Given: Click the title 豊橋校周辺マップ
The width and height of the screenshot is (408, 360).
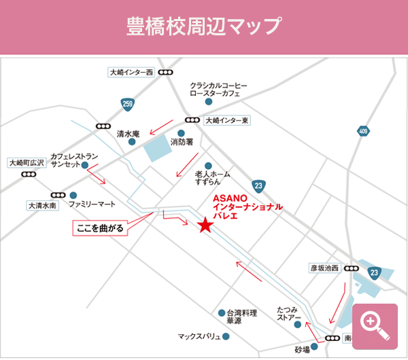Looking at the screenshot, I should pos(204,26).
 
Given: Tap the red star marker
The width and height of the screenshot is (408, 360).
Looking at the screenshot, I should pos(205,226).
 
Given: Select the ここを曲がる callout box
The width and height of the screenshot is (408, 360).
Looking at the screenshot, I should pos(101,228).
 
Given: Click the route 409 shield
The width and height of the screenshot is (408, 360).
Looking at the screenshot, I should pos(362,130).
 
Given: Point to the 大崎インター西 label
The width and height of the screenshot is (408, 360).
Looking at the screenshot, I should pos(131,72).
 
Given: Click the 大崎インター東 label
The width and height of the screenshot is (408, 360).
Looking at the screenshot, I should pos(227,120).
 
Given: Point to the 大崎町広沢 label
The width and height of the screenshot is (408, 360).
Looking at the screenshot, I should pos(27,162).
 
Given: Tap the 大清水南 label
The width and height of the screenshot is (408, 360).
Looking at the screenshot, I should pos(42,204).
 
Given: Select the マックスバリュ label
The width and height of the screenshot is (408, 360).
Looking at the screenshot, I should pos(199,336).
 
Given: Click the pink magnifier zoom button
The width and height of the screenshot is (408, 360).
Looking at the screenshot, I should pos(375,323).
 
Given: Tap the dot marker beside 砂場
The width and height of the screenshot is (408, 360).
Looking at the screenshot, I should pos(314,346).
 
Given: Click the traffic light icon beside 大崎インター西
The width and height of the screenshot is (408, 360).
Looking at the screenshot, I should pos(167,72).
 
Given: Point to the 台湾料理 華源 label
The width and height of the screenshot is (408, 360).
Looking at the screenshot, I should pos(242,317).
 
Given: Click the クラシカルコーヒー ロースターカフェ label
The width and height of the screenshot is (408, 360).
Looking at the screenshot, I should pos(218,90).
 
